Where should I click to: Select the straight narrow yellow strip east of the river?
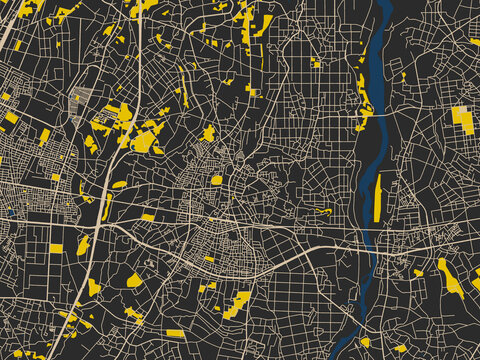point(378,197)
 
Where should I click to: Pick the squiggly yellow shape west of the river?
point(322,211)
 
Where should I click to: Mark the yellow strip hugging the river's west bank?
point(363,100)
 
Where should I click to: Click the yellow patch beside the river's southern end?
point(364,342)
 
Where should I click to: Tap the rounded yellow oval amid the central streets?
point(217,180)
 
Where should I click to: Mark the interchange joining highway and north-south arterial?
point(110,220)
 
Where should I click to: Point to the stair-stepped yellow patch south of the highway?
point(238,303)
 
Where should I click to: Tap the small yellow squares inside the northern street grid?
point(316,63)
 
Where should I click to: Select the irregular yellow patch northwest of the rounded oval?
point(208,133)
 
